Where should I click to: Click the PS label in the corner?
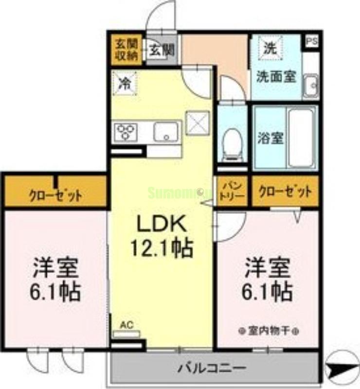[x=311, y=41]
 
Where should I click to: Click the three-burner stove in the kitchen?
[x=126, y=132]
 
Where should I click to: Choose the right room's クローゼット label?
[x=285, y=191]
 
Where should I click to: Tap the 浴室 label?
[x=270, y=138]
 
